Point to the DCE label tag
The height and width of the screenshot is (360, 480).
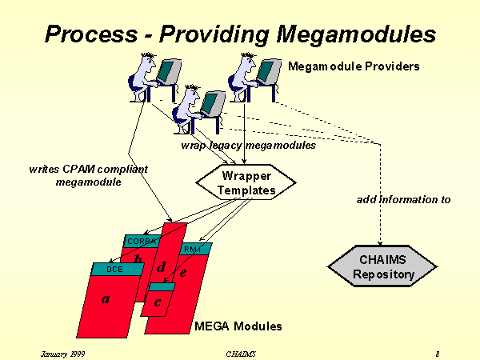tap(114, 270)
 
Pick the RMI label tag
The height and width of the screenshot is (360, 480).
tap(193, 250)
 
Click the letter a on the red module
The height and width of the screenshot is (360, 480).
tap(105, 299)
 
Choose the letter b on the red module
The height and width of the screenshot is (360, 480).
tap(138, 259)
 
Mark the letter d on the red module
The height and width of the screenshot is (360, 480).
tap(161, 266)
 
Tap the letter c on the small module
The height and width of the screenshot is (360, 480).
tap(158, 302)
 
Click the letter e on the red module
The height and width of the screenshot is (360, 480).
tap(183, 272)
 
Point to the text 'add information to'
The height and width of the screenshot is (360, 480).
tap(403, 199)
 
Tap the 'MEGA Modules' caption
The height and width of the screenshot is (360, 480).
tap(238, 326)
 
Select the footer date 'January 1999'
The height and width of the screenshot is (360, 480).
tap(62, 353)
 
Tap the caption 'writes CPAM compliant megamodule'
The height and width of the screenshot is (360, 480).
tap(88, 175)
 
